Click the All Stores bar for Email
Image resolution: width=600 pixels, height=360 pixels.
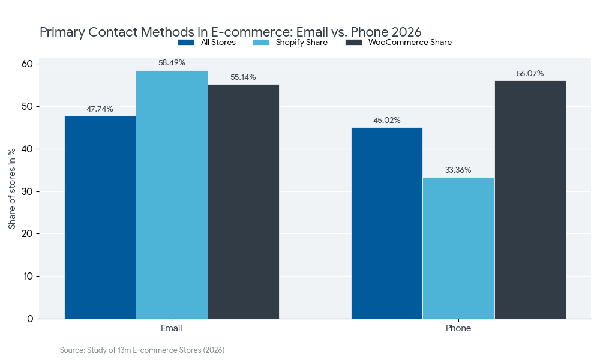100,217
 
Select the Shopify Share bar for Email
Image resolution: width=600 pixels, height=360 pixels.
172,194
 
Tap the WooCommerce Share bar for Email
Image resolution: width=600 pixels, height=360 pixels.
244,202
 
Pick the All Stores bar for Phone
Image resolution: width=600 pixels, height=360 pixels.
387,223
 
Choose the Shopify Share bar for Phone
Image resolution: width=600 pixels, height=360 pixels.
458,248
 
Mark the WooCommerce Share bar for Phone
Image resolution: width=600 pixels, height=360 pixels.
530,200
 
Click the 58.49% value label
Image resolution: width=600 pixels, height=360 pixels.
172,62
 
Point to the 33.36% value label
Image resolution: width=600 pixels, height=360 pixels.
458,170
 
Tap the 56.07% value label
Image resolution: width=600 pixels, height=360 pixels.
530,73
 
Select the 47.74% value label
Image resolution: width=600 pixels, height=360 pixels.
100,109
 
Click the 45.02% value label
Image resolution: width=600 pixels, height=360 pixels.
387,120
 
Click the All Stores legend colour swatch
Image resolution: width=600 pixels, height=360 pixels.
186,43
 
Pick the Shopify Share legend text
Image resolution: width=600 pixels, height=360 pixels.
302,43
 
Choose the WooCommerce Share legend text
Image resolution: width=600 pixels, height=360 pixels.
410,43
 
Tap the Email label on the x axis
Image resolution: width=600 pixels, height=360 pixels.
172,329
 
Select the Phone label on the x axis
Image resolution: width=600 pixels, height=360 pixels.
458,329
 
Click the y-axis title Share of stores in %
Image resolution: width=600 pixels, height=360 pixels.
12,190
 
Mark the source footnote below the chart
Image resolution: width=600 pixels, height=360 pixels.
142,350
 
